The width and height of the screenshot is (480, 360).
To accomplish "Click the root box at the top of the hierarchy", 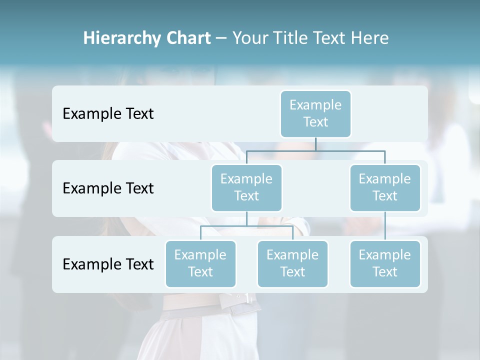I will pyautogui.click(x=315, y=113).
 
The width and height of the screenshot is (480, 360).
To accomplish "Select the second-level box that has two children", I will pyautogui.click(x=246, y=187).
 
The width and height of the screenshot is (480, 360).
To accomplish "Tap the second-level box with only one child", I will pyautogui.click(x=385, y=187).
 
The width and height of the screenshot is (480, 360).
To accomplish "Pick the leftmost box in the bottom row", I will pyautogui.click(x=200, y=263).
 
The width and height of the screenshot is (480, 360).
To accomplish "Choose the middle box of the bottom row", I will pyautogui.click(x=292, y=263).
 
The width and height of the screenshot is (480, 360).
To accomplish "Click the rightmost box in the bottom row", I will pyautogui.click(x=385, y=263).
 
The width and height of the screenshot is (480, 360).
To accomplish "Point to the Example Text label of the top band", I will pyautogui.click(x=108, y=114).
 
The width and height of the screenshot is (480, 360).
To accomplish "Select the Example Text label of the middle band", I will pyautogui.click(x=108, y=188).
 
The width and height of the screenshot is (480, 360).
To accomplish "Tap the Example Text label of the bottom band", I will pyautogui.click(x=108, y=264).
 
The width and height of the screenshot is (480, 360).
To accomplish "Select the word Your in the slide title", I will pyautogui.click(x=249, y=38).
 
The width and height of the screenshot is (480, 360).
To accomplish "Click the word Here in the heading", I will pyautogui.click(x=370, y=38).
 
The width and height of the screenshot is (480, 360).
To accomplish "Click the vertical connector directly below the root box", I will pyautogui.click(x=315, y=144).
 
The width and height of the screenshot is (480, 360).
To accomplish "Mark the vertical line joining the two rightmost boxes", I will pyautogui.click(x=385, y=226).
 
